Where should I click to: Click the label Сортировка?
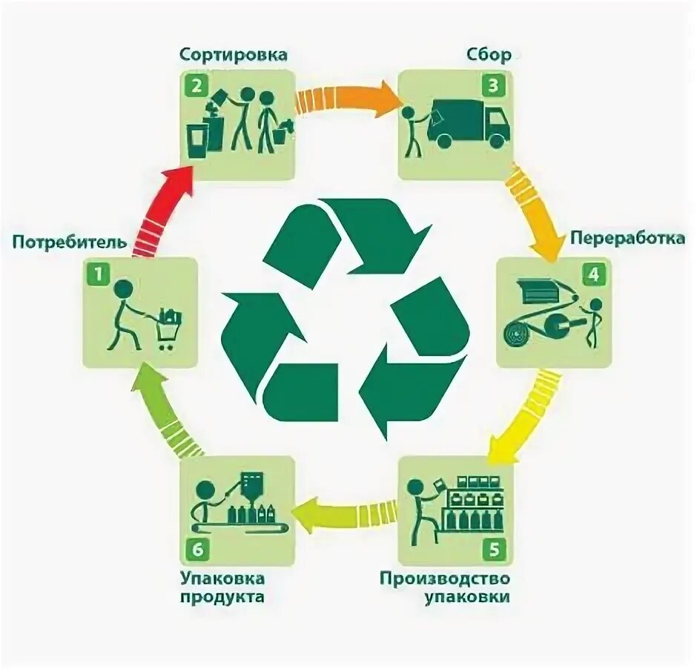click(233, 55)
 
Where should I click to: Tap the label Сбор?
click(489, 55)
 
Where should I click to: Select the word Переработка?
click(627, 239)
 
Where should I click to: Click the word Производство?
click(446, 578)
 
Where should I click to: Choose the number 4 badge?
click(593, 275)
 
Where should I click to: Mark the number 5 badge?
click(494, 551)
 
